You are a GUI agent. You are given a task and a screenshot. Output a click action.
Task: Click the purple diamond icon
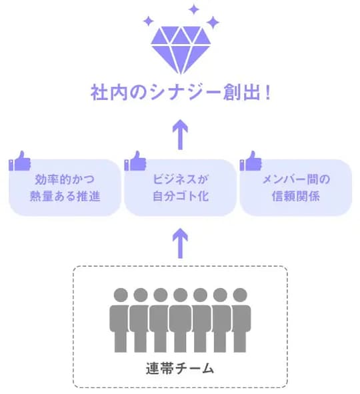coord(180,51)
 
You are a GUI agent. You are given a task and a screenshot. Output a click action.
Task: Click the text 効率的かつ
coord(65,179)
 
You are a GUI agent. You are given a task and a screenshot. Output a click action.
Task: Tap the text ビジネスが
coord(180,179)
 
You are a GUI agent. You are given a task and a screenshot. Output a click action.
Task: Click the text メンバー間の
coord(295,179)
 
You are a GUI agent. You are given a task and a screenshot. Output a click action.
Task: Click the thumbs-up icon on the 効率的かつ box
coord(20,161)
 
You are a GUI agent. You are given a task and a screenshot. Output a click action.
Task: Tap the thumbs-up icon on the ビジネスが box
coord(135,161)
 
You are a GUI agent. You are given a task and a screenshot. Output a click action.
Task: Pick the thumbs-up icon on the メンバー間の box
coord(251,161)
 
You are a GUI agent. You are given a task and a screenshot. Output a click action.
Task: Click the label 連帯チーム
coord(180,367)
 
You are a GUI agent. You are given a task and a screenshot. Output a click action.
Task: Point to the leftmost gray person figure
coord(121,320)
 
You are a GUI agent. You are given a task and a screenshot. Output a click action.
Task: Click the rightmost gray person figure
coord(239,320)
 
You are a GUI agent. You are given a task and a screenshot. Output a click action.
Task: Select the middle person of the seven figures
coord(180,320)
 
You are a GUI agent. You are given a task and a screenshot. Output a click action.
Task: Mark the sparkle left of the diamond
coord(148,22)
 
